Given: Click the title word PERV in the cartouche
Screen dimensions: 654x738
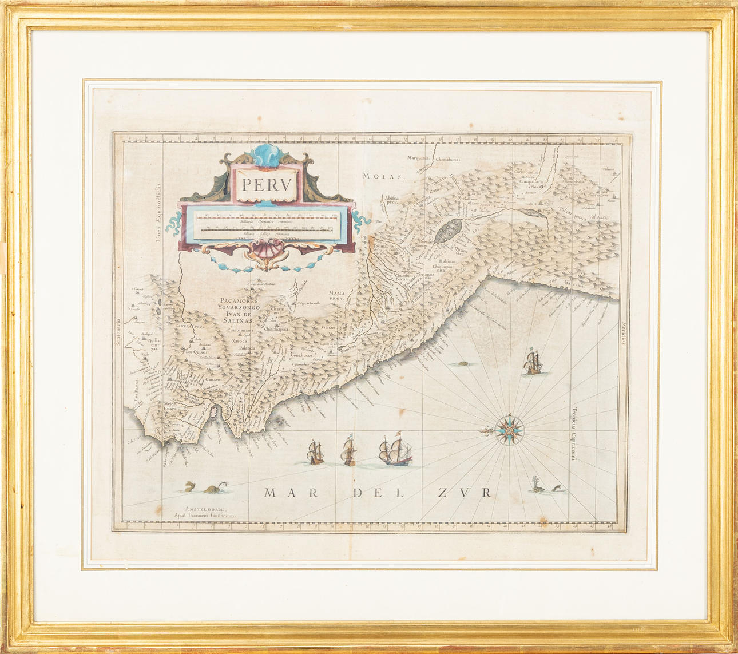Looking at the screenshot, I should (267, 185).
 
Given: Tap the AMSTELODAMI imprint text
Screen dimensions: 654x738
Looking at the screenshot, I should (205, 509).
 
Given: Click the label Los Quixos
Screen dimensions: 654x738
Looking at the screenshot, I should (197, 352).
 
